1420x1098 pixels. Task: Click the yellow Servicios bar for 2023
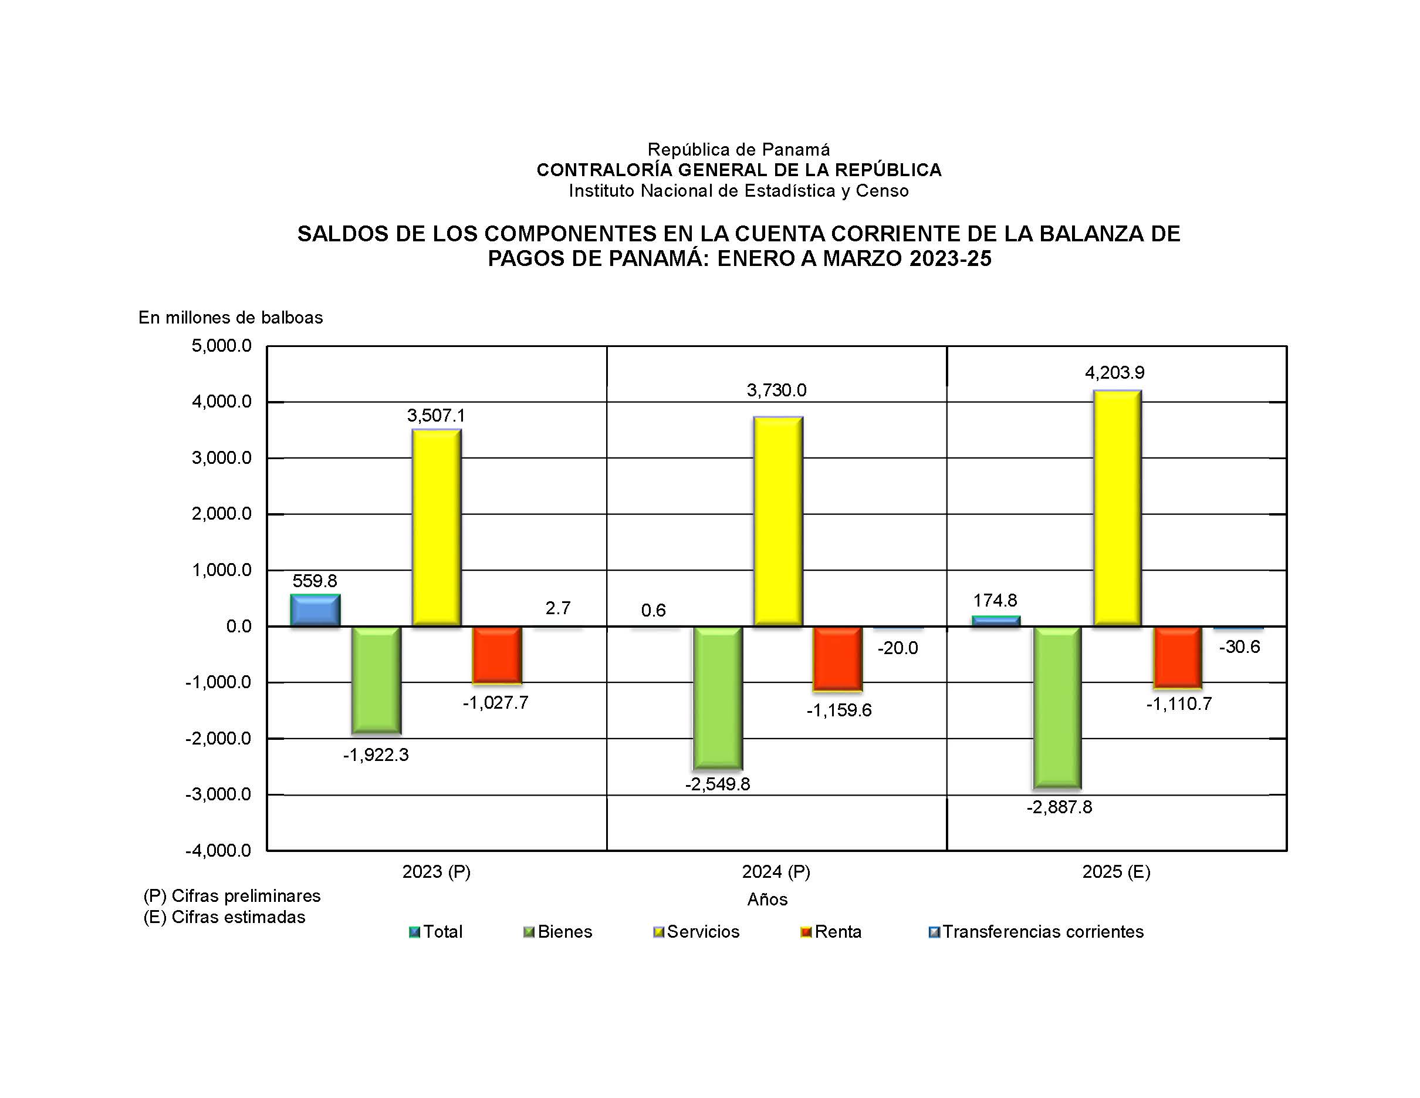(437, 527)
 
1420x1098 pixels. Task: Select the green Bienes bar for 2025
(1057, 707)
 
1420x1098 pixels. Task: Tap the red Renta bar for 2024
(837, 658)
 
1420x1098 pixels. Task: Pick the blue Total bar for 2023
(315, 610)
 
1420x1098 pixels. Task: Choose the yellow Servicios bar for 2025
(1117, 508)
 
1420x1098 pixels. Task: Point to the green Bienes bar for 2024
(717, 698)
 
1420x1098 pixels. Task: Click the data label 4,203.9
(1114, 373)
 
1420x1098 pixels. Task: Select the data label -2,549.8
(717, 784)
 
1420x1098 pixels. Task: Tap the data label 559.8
(315, 581)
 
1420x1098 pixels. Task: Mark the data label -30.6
(1239, 646)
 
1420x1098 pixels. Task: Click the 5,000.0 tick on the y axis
(221, 345)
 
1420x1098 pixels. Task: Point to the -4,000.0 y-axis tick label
(218, 850)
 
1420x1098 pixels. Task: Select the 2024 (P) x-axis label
(776, 871)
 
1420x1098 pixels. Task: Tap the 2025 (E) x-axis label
(1115, 871)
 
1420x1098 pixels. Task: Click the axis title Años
(768, 900)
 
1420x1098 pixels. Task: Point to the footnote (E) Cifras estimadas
(224, 917)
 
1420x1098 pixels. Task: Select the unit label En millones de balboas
(231, 318)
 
